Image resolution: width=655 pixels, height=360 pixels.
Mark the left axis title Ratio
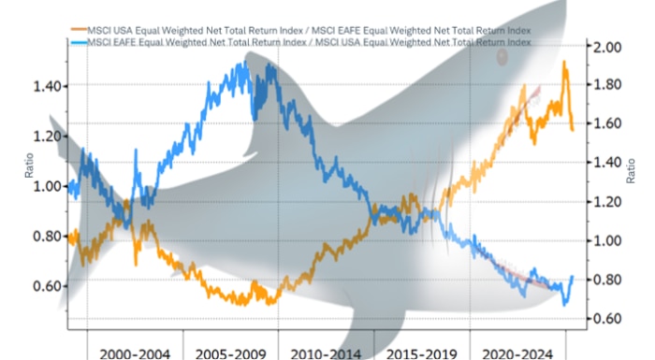point(28,165)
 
